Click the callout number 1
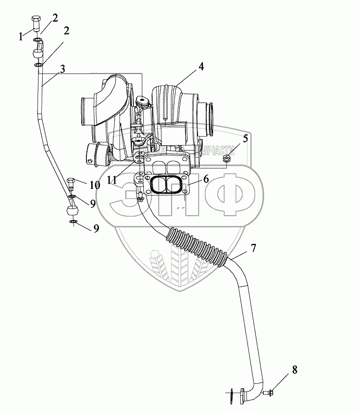point(21,36)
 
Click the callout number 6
point(206,179)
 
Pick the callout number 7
point(253,248)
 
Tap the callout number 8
point(294,371)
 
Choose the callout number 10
point(94,185)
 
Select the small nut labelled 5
point(227,158)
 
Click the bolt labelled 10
point(72,184)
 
